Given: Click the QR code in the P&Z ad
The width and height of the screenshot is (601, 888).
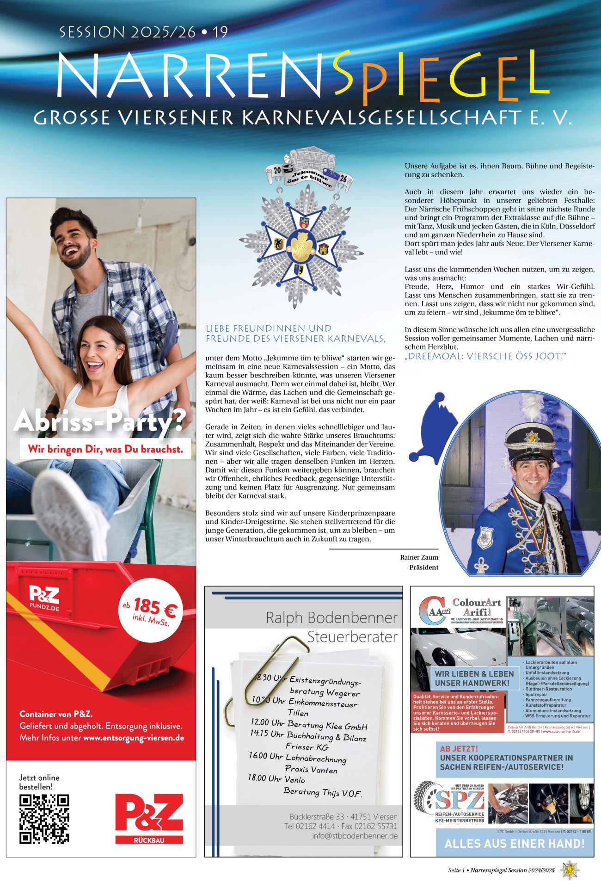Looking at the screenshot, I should point(44,819).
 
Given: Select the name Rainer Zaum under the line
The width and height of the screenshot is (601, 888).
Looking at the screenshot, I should point(419,557).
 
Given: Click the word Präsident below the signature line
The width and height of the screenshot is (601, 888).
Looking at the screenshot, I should point(423,567).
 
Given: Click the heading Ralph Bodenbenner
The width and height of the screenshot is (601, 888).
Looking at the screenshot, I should point(331,618).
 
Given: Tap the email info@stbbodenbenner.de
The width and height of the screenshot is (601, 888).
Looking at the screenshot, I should point(355,836).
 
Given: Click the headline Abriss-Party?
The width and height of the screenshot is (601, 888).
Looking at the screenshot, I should point(99,421).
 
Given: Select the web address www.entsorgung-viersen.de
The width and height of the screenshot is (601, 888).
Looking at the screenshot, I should point(134,738).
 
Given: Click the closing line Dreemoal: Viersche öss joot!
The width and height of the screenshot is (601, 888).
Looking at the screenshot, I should point(485,356).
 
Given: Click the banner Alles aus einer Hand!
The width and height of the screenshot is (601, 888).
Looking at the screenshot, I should point(514,844).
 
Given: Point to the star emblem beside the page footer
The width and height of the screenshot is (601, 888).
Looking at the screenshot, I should point(569,870).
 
